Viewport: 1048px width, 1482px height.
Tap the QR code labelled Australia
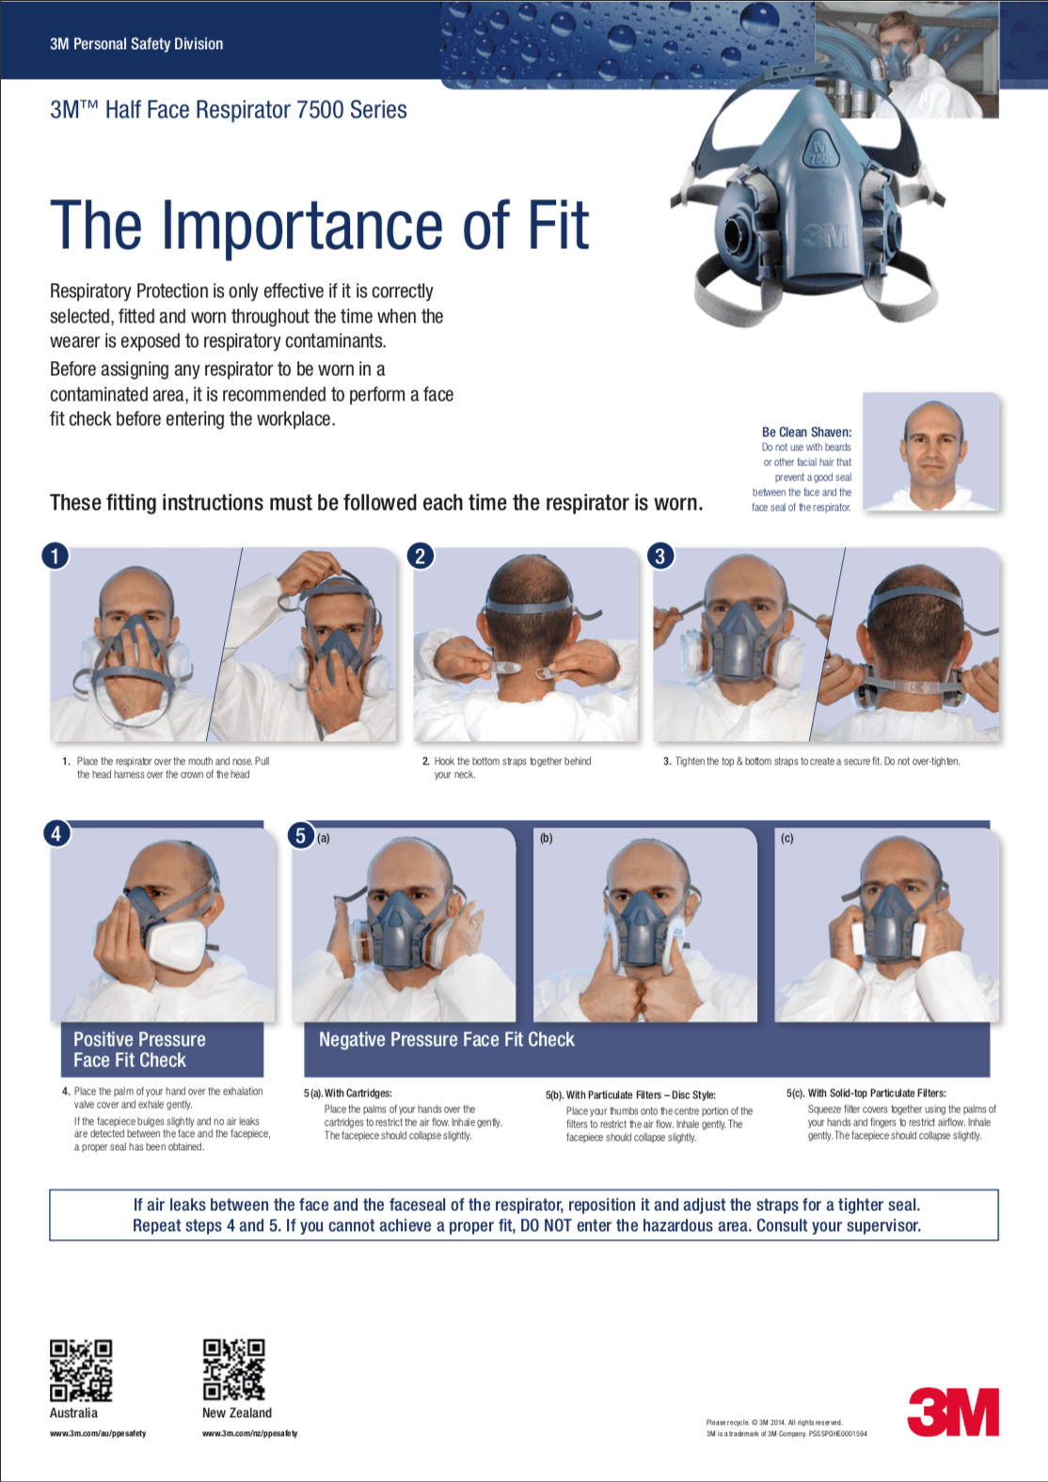coord(81,1370)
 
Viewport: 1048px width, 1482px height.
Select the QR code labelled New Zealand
coord(234,1370)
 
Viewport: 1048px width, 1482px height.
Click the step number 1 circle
coord(56,556)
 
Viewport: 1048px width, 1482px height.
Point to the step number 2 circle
coord(421,556)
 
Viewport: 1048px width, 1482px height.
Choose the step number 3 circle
coord(660,556)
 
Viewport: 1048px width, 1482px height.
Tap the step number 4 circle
coord(56,833)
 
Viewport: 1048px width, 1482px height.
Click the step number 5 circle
coord(301,835)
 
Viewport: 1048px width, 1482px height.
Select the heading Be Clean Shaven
coord(806,432)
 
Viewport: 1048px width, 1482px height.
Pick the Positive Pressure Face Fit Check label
coord(139,1049)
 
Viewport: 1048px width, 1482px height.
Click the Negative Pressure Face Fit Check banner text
coord(446,1039)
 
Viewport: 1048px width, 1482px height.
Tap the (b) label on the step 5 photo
coord(547,838)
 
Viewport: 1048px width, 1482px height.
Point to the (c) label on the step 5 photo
coord(787,838)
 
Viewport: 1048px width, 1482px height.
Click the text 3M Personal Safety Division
coord(136,43)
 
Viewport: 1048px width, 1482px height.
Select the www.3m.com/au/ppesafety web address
coord(98,1433)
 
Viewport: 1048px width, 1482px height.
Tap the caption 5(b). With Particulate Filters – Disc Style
coord(630,1095)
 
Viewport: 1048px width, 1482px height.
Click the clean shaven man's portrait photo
coord(930,452)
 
